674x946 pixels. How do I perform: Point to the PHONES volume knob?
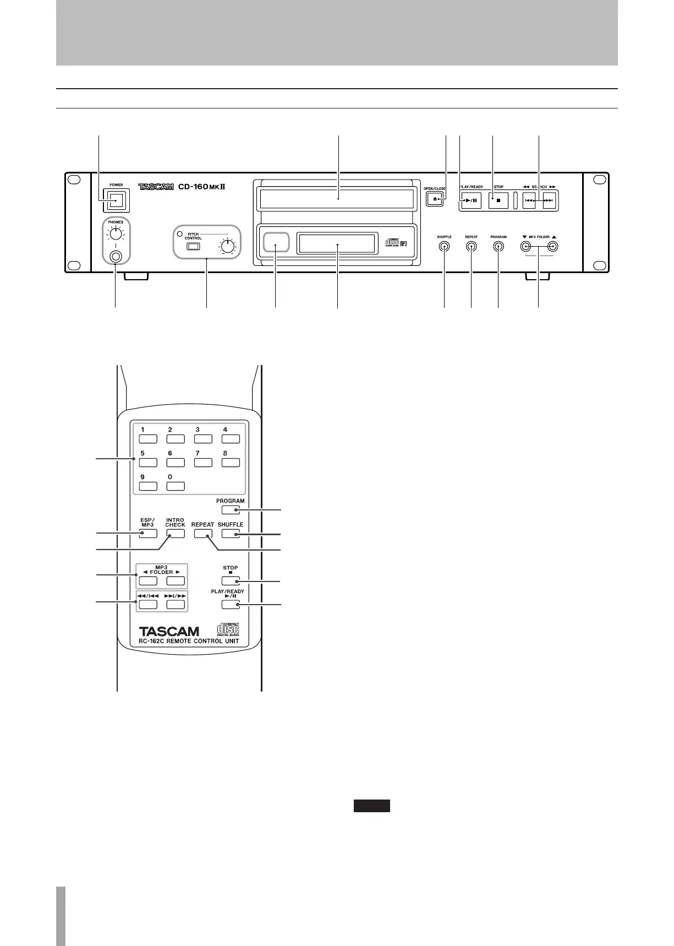116,235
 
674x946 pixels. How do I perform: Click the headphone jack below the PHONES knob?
116,256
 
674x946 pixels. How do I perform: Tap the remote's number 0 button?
176,486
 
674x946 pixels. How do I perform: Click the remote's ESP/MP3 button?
148,533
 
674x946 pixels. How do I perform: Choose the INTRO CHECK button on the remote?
176,533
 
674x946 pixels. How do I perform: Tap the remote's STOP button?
231,580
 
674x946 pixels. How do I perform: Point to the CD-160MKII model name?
202,187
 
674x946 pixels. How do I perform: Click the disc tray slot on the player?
337,198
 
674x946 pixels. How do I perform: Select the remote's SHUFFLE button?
231,533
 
